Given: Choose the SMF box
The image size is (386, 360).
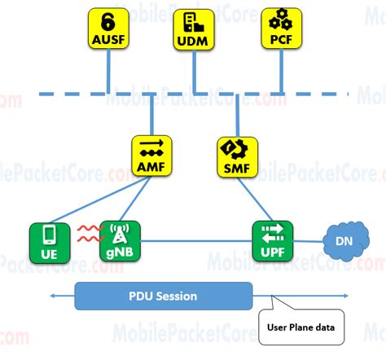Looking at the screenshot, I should pyautogui.click(x=237, y=156).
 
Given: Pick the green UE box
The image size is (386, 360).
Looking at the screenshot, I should pyautogui.click(x=49, y=241).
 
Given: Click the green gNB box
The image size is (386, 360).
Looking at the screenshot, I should pyautogui.click(x=120, y=241).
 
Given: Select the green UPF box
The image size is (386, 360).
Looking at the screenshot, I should pyautogui.click(x=272, y=241).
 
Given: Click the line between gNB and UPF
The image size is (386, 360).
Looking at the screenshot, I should pyautogui.click(x=195, y=241).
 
